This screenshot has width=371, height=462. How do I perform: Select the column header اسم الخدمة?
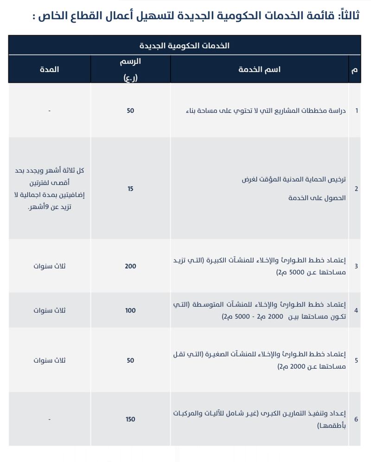pyautogui.click(x=259, y=70)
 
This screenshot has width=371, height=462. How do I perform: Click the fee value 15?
pyautogui.click(x=130, y=189)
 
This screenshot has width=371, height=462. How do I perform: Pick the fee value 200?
pyautogui.click(x=130, y=266)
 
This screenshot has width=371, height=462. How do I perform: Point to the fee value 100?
pyautogui.click(x=130, y=310)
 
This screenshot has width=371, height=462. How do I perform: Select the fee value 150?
pyautogui.click(x=130, y=419)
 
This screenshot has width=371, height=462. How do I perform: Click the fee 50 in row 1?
pyautogui.click(x=130, y=111)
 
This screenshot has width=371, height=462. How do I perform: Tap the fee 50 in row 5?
pyautogui.click(x=130, y=360)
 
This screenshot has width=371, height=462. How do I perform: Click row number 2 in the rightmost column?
pyautogui.click(x=356, y=189)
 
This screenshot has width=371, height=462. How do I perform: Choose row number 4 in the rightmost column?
pyautogui.click(x=356, y=310)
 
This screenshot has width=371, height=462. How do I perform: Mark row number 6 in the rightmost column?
pyautogui.click(x=356, y=419)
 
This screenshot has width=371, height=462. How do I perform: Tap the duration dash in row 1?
pyautogui.click(x=49, y=111)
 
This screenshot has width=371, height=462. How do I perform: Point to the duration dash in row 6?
pyautogui.click(x=49, y=419)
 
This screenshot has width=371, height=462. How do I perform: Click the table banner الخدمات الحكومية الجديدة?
pyautogui.click(x=185, y=46)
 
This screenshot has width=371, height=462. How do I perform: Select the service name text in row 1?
pyautogui.click(x=267, y=111)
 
